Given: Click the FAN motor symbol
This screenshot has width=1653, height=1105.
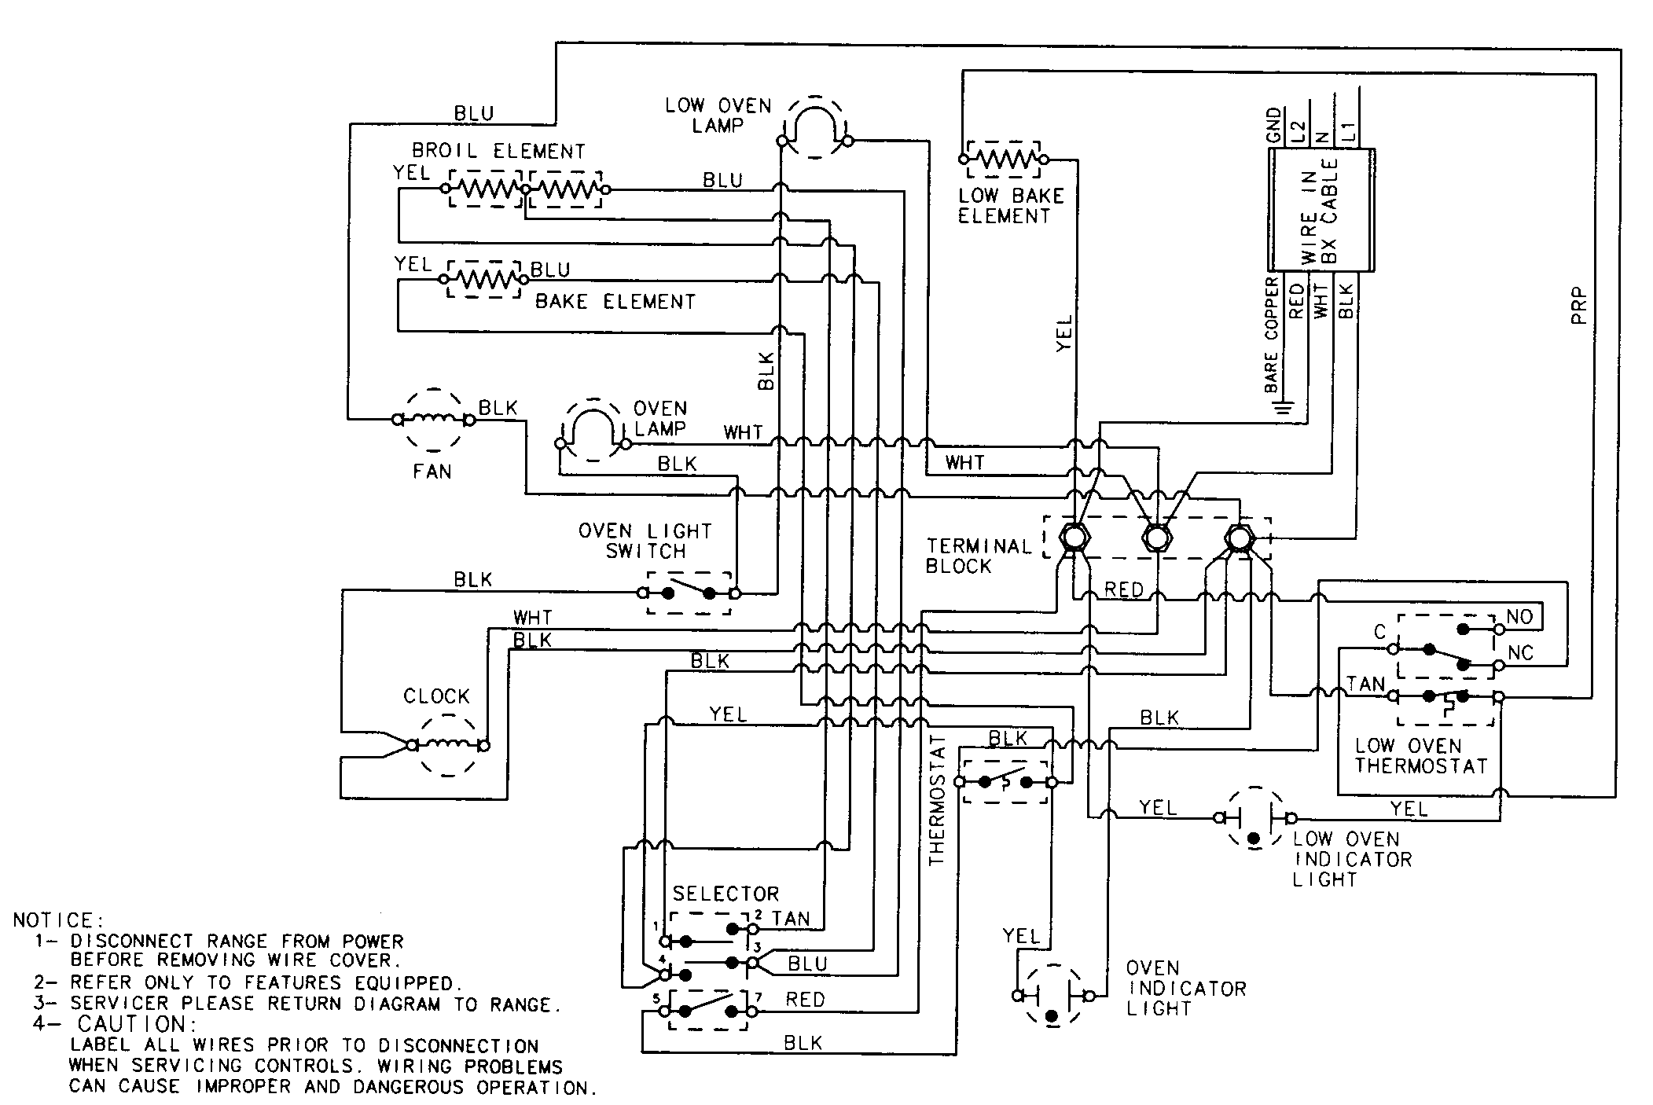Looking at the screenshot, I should (x=433, y=420).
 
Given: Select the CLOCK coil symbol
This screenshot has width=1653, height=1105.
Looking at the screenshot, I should (x=448, y=745).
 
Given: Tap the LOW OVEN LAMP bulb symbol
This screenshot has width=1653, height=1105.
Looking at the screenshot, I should (x=815, y=127).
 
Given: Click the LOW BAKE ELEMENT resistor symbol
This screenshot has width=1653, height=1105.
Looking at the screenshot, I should (x=1003, y=160).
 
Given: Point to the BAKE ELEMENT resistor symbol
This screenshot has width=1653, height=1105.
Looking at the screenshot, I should (x=483, y=279).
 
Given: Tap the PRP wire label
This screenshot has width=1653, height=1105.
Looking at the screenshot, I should (x=1579, y=307).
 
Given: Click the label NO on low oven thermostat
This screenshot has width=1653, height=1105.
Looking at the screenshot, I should (x=1519, y=617).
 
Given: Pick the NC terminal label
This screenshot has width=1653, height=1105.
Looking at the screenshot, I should (x=1521, y=654).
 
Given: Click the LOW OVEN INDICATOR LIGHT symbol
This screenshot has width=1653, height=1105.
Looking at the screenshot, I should (x=1254, y=819).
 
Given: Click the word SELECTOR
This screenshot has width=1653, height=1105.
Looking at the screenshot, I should (x=725, y=894).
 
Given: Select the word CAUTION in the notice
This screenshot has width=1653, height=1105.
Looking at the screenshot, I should (x=132, y=1024).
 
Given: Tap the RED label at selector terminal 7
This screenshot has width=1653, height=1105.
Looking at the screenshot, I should (x=805, y=1000).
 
